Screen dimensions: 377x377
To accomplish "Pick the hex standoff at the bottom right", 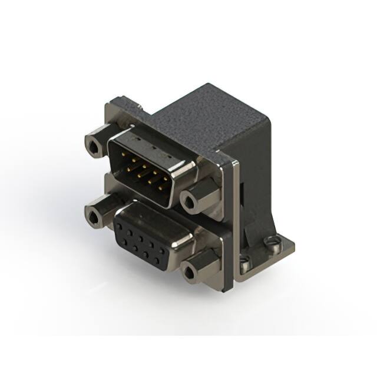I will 191,272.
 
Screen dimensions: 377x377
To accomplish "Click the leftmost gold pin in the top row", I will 123,153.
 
